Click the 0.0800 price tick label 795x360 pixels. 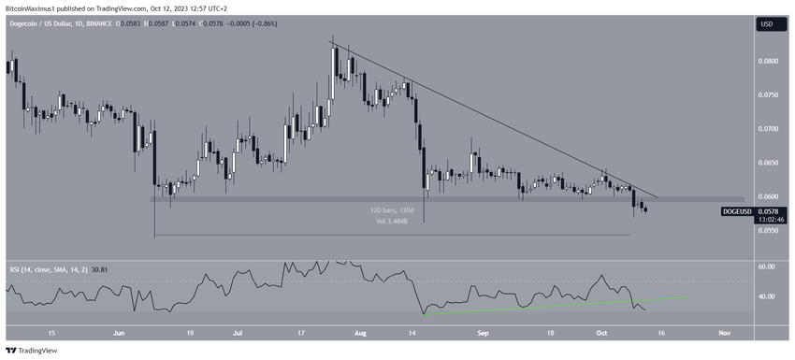coord(768,61)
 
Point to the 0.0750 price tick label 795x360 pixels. coord(768,94)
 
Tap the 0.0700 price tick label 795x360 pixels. coord(768,128)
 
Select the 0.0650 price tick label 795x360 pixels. coord(768,163)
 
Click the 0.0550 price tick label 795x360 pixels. coord(768,230)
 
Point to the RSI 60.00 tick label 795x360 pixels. coord(768,266)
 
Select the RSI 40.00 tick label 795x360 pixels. coord(768,296)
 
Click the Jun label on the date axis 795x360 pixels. coord(118,332)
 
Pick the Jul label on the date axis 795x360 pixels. coord(237,332)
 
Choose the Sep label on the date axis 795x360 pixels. coord(484,332)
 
